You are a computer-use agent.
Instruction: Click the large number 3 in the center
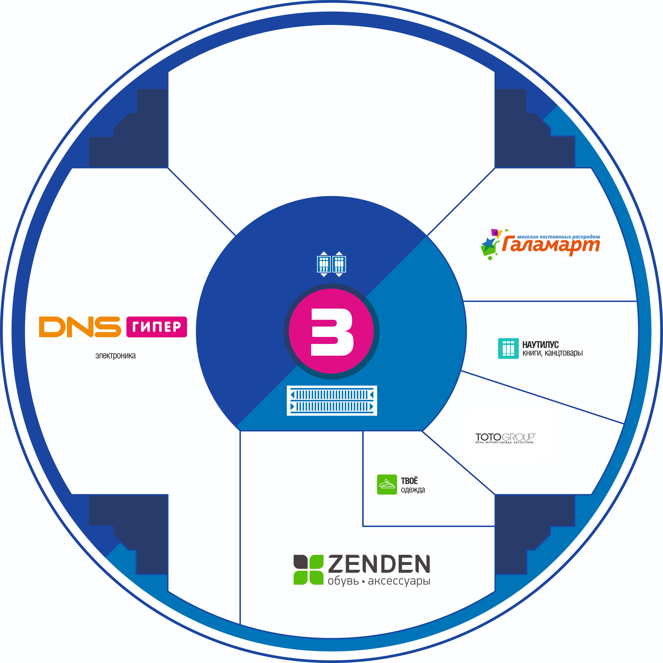[x=332, y=332]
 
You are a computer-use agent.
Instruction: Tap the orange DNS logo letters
[x=80, y=327]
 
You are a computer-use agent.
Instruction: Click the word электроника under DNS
[x=115, y=356]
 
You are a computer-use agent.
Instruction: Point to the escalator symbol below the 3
[x=332, y=400]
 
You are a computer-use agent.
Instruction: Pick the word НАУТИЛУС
[x=540, y=345]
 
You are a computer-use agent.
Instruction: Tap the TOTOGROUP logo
[x=505, y=438]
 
